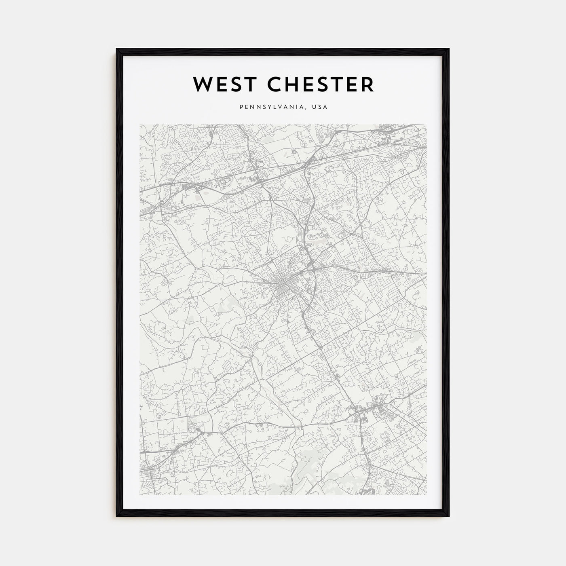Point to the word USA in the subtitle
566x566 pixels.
319,108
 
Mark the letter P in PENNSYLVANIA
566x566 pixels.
241,108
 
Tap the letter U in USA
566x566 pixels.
314,108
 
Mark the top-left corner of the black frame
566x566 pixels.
116,49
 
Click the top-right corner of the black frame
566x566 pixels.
449,49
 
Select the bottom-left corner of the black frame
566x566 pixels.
116,516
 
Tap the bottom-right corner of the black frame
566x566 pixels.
449,516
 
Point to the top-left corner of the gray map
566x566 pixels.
140,125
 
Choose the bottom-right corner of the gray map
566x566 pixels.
426,495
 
